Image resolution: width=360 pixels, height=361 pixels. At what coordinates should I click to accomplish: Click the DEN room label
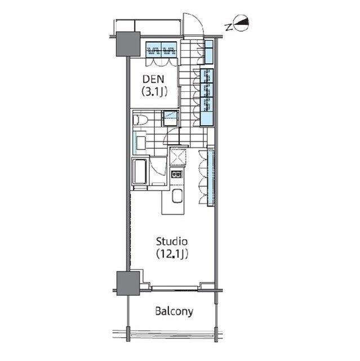coord(153,79)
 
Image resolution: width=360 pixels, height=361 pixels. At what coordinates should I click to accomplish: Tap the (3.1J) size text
coord(154,92)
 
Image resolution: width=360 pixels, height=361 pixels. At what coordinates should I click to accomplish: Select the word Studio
coord(172,242)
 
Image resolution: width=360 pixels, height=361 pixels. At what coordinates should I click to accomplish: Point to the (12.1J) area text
coord(172,254)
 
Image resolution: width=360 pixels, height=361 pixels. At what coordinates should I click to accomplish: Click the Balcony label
coord(174,311)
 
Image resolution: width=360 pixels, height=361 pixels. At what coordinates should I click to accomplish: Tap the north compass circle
coord(241,23)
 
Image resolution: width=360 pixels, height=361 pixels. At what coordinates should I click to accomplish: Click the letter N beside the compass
coord(228,28)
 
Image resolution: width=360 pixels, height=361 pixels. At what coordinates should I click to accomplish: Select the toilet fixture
coord(140,120)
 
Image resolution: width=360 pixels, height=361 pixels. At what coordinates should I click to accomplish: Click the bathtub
coord(140,171)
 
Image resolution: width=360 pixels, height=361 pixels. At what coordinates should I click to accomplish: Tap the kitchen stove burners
coord(176,174)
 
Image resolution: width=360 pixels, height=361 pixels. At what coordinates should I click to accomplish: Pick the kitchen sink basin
coord(177,196)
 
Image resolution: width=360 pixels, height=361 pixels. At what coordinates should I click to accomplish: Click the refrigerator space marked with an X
coord(177,157)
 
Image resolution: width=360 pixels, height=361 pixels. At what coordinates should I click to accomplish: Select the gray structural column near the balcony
coord(128,283)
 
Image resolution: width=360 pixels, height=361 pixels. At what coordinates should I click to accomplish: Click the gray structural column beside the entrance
coord(128,44)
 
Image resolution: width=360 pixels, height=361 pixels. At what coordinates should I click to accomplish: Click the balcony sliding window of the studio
coord(175,288)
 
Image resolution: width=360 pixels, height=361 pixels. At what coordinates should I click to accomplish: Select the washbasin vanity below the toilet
coord(140,143)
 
